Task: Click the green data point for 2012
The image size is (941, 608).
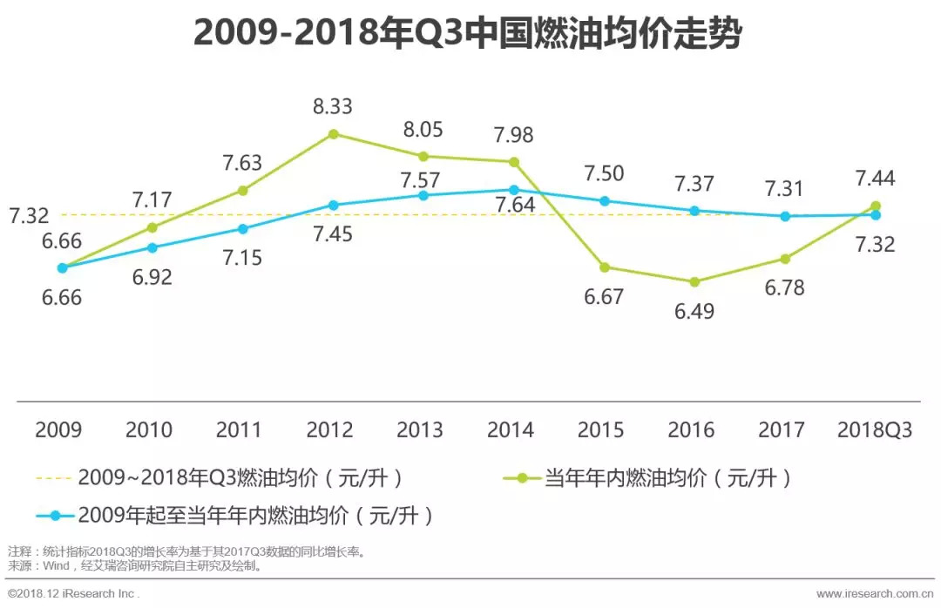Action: pyautogui.click(x=333, y=133)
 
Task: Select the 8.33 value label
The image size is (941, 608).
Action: pyautogui.click(x=333, y=106)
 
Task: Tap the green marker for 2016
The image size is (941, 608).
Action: pyautogui.click(x=694, y=281)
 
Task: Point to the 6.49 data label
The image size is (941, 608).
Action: pyautogui.click(x=694, y=310)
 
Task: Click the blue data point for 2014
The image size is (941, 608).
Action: pyautogui.click(x=514, y=189)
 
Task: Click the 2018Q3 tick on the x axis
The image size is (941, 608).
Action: pyautogui.click(x=875, y=429)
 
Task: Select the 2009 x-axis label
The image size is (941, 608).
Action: pyautogui.click(x=58, y=429)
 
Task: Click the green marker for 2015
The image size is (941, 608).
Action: pyautogui.click(x=604, y=267)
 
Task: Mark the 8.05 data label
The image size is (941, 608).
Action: pyautogui.click(x=422, y=130)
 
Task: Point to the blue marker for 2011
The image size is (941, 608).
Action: pyautogui.click(x=242, y=228)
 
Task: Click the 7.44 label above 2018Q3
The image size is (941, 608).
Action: pyautogui.click(x=875, y=179)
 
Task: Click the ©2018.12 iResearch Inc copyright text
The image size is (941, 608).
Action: pyautogui.click(x=73, y=593)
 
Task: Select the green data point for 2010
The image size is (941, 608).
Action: pyautogui.click(x=152, y=226)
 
